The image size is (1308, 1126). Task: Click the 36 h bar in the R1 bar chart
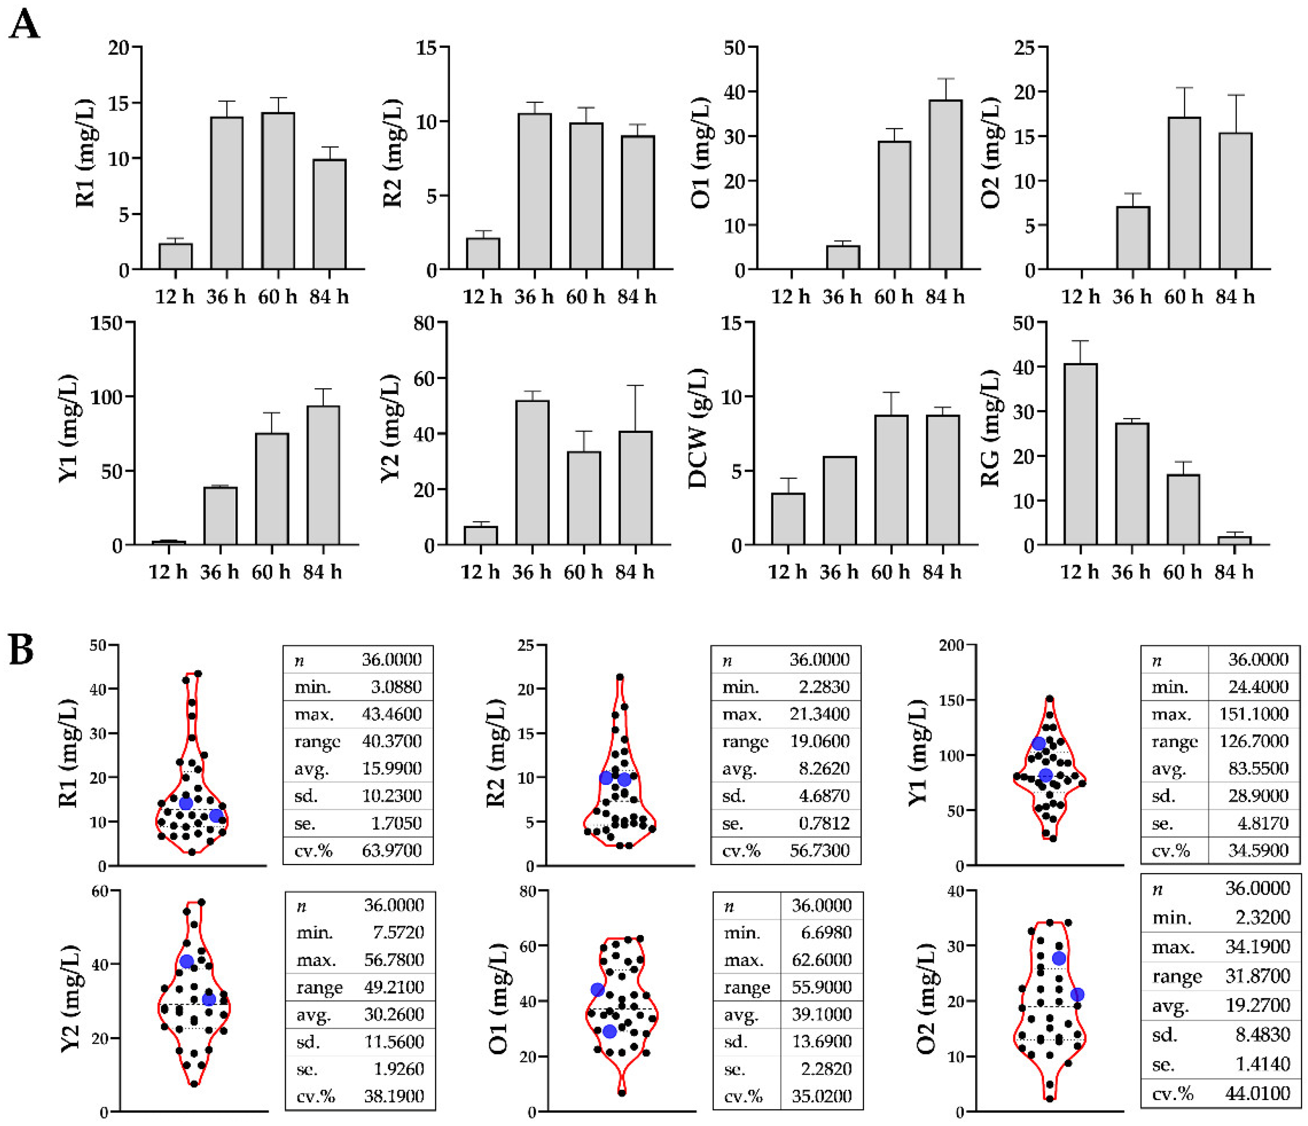click(227, 193)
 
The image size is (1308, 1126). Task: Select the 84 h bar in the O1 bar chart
click(946, 185)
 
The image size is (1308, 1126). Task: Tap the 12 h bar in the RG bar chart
click(1080, 454)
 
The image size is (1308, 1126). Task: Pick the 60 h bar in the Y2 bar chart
click(584, 498)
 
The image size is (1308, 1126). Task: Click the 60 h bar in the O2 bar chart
click(1184, 194)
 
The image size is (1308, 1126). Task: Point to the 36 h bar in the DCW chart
click(840, 500)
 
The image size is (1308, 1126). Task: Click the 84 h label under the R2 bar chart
click(637, 296)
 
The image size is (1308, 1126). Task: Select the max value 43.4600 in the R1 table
click(391, 714)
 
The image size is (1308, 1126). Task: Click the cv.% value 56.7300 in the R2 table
click(820, 850)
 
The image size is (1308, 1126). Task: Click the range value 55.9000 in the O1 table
click(822, 986)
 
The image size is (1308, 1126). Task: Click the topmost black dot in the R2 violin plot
click(620, 677)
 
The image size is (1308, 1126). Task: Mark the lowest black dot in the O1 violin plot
click(622, 1092)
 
